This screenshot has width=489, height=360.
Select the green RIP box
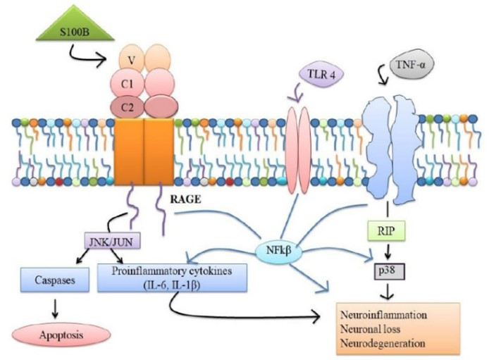(x=384, y=230)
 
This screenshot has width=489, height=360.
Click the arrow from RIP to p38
(x=385, y=249)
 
